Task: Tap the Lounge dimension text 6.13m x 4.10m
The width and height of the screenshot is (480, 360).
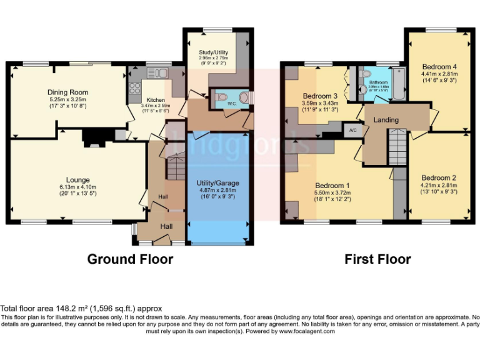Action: pyautogui.click(x=78, y=186)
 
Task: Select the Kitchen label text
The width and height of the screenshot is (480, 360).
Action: pyautogui.click(x=156, y=100)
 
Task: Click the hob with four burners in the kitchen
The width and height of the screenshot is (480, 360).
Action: pyautogui.click(x=135, y=88)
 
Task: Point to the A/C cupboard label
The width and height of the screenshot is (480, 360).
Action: pyautogui.click(x=352, y=131)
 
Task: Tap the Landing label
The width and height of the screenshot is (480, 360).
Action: pyautogui.click(x=386, y=119)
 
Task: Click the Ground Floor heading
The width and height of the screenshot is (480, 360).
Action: pyautogui.click(x=130, y=259)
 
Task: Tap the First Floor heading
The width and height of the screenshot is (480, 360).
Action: pyautogui.click(x=377, y=259)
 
